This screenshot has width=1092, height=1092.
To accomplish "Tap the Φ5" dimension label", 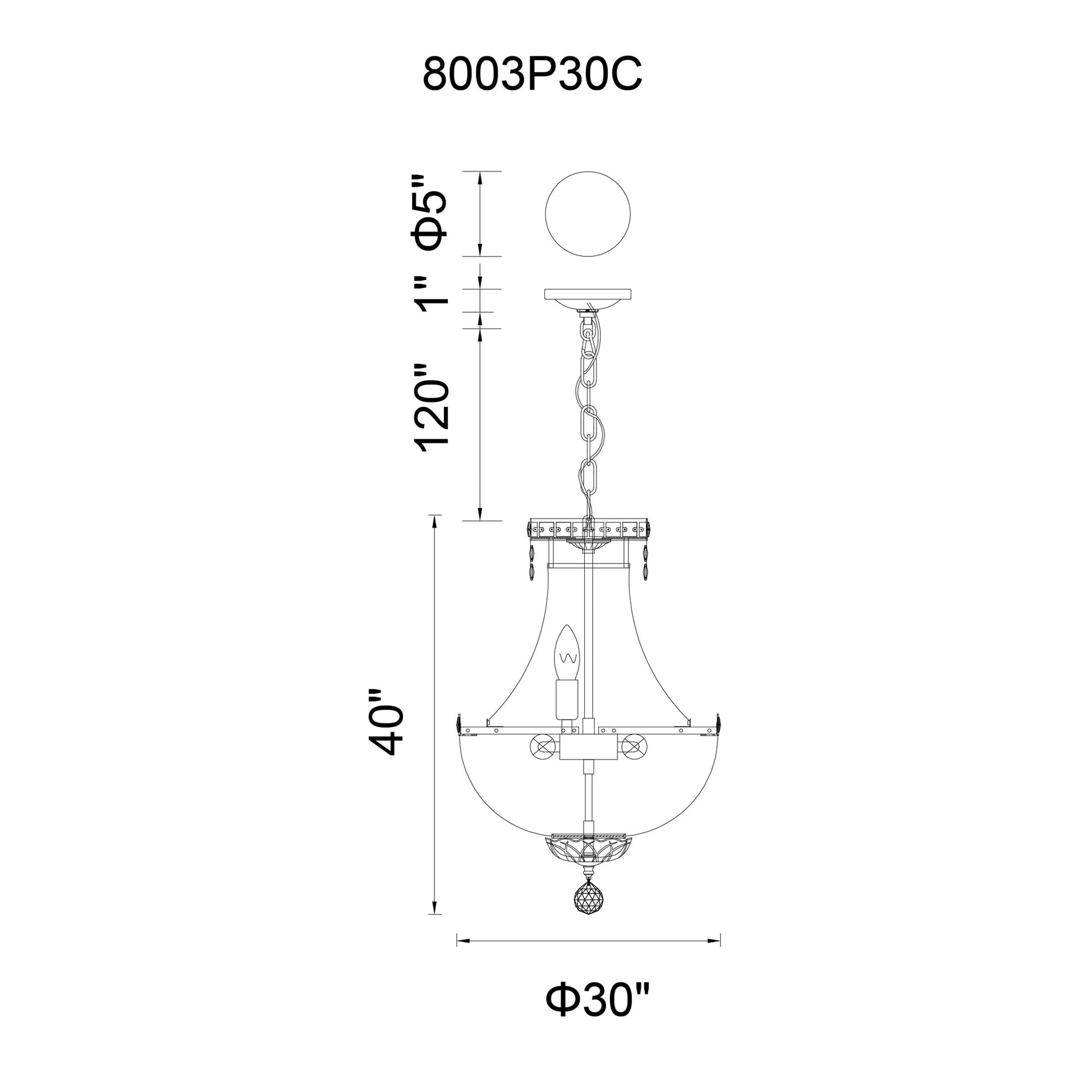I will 433,213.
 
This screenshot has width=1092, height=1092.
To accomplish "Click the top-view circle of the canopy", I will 588,214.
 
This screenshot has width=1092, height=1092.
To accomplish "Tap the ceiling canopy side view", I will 588,297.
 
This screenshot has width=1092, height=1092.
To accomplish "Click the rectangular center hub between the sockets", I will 588,749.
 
